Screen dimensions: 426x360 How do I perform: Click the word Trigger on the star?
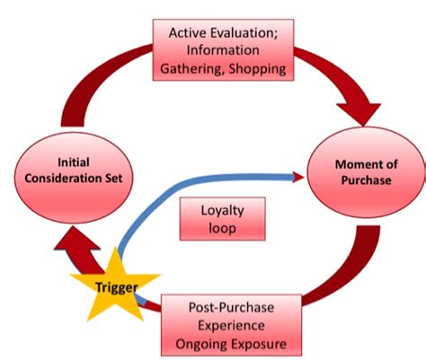point(117,287)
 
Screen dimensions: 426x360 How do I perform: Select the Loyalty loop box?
point(222,219)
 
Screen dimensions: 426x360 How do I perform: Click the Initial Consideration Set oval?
point(74,178)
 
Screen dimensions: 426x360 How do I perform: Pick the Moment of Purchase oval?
point(366,172)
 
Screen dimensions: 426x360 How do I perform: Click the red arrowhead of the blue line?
point(298,177)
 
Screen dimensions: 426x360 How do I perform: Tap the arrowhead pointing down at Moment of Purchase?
point(359,114)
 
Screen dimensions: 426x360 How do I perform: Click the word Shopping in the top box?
point(257,69)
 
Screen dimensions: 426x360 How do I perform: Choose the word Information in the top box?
point(223,50)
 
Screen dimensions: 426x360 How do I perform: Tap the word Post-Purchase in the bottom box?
point(231,308)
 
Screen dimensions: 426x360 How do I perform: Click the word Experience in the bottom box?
point(231,326)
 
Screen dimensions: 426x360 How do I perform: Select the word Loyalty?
point(222,211)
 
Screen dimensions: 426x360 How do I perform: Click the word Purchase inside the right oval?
point(366,180)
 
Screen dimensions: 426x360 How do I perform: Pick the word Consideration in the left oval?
point(62,179)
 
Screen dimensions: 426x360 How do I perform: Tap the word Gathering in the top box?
point(192,69)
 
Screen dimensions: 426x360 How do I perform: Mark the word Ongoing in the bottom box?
point(200,345)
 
